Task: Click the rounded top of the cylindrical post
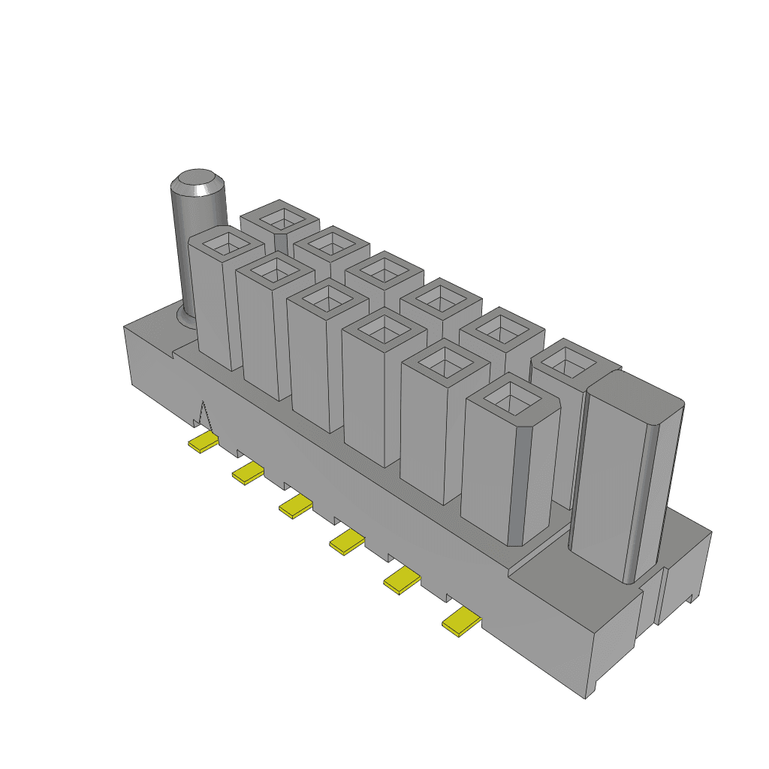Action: point(198,182)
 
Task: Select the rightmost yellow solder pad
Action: point(461,623)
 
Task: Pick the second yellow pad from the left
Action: point(248,473)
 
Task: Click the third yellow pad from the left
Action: point(295,506)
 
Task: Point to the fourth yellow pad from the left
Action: point(346,541)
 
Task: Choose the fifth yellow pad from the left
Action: point(402,581)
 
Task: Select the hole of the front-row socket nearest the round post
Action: point(225,243)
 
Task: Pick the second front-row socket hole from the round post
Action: point(273,268)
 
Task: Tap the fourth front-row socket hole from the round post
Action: point(385,329)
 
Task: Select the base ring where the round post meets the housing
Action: point(182,318)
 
